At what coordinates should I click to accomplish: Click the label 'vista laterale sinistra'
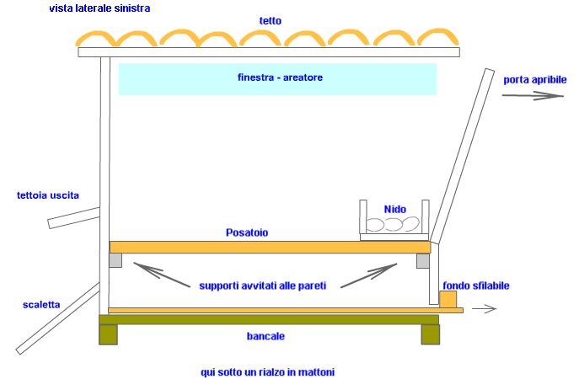click(99, 8)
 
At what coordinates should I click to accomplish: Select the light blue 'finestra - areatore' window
click(277, 78)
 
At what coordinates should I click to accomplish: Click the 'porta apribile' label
click(535, 80)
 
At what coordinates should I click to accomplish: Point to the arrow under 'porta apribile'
click(533, 96)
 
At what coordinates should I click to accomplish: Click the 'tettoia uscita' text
click(48, 195)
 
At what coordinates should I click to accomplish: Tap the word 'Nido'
click(395, 209)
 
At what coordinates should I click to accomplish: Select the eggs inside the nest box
click(392, 225)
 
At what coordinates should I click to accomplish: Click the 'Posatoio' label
click(247, 232)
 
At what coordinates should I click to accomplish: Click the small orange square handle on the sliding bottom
click(448, 299)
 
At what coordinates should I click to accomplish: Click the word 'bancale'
click(266, 336)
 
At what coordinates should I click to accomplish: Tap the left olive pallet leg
click(109, 334)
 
